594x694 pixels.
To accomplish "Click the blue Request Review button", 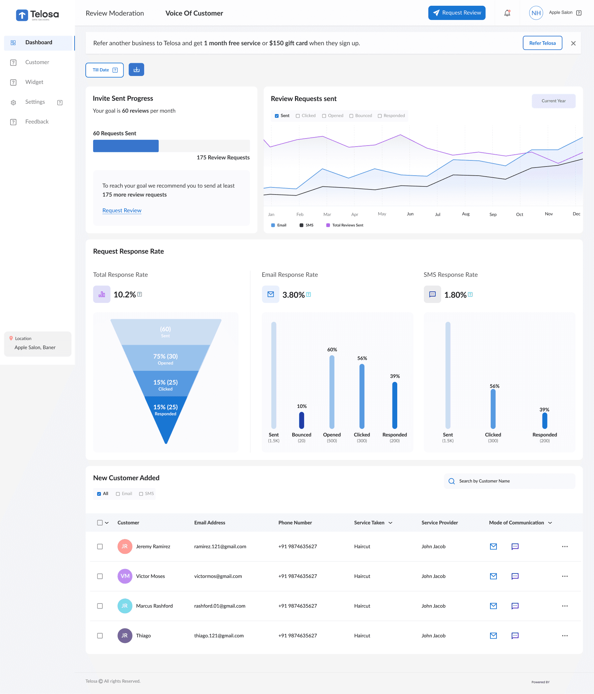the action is click(x=457, y=13).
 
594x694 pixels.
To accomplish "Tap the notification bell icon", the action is click(x=507, y=13).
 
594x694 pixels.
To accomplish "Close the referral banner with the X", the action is click(x=573, y=43).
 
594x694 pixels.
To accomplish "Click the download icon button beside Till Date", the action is click(x=136, y=70).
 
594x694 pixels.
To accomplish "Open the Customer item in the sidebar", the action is click(x=37, y=62).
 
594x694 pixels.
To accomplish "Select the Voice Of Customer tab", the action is click(x=194, y=13).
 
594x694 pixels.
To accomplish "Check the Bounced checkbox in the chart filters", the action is click(x=351, y=116).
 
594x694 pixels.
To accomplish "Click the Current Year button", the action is click(x=553, y=101).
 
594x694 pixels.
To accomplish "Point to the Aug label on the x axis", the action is click(x=466, y=214).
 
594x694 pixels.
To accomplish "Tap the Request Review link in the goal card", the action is click(x=122, y=210).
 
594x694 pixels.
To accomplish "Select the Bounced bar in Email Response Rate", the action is click(x=301, y=420).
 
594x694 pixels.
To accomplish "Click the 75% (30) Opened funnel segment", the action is click(x=165, y=358).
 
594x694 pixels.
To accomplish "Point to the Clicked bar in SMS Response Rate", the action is click(x=493, y=409).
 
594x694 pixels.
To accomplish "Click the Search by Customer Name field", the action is click(x=510, y=481).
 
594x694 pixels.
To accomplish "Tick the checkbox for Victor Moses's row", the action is click(x=100, y=576).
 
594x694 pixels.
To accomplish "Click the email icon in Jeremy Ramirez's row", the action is click(x=493, y=546).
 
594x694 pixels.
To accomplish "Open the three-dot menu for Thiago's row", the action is click(x=565, y=636).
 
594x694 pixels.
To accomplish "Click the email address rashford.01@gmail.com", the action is click(x=220, y=606).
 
